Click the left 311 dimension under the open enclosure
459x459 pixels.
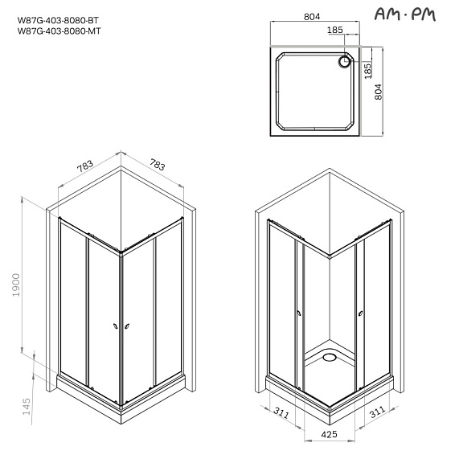click(x=279, y=415)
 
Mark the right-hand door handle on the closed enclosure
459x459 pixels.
click(x=125, y=326)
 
